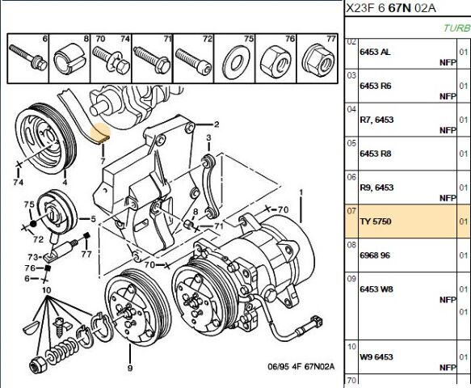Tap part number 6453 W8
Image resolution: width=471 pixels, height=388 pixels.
coord(377,289)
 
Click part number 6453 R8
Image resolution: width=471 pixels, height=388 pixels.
coord(375,153)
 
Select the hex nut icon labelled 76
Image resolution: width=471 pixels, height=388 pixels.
coord(274,58)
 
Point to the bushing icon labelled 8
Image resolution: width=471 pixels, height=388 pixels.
coord(68,58)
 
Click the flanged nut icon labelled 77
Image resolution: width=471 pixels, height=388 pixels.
coord(316,58)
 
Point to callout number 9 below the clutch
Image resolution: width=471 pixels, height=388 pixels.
coord(129,370)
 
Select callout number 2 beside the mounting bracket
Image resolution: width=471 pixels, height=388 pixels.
coord(217,124)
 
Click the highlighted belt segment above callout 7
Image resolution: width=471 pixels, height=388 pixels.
coord(100,137)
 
